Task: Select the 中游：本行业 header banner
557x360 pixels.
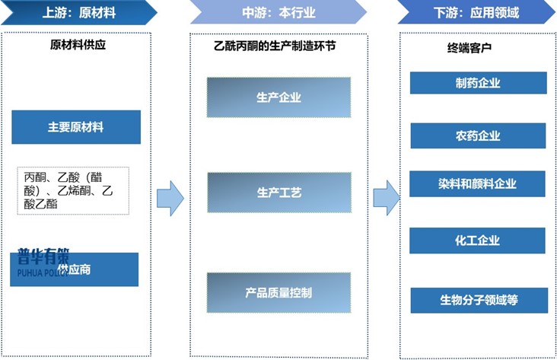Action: [x=278, y=12]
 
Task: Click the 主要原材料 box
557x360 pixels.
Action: [x=76, y=127]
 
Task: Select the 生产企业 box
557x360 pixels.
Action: [x=278, y=97]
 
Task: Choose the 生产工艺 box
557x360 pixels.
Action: [x=278, y=193]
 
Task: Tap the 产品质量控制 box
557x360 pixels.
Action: [x=278, y=292]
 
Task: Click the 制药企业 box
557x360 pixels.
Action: [x=478, y=83]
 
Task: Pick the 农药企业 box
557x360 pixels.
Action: [x=478, y=136]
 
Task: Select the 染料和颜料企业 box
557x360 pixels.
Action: [x=478, y=184]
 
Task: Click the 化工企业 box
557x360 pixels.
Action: [x=478, y=241]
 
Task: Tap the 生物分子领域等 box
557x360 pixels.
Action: [x=478, y=299]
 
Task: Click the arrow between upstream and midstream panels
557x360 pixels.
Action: [x=170, y=199]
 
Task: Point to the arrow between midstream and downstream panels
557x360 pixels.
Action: [x=386, y=199]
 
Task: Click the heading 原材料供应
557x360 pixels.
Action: [x=78, y=45]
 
